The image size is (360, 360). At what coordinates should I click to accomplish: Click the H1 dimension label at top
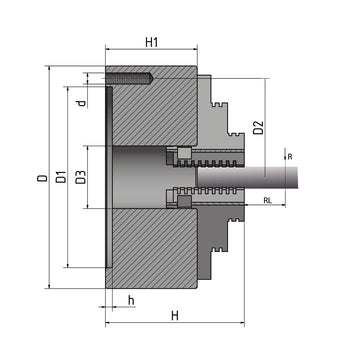tap(151, 43)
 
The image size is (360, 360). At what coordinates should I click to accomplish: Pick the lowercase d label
tap(80, 101)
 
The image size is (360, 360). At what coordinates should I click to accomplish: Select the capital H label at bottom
tap(174, 316)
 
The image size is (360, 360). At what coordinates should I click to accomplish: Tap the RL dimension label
tap(267, 201)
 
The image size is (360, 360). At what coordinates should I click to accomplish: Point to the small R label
tap(289, 156)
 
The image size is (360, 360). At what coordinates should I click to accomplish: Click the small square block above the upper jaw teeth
tap(183, 152)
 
